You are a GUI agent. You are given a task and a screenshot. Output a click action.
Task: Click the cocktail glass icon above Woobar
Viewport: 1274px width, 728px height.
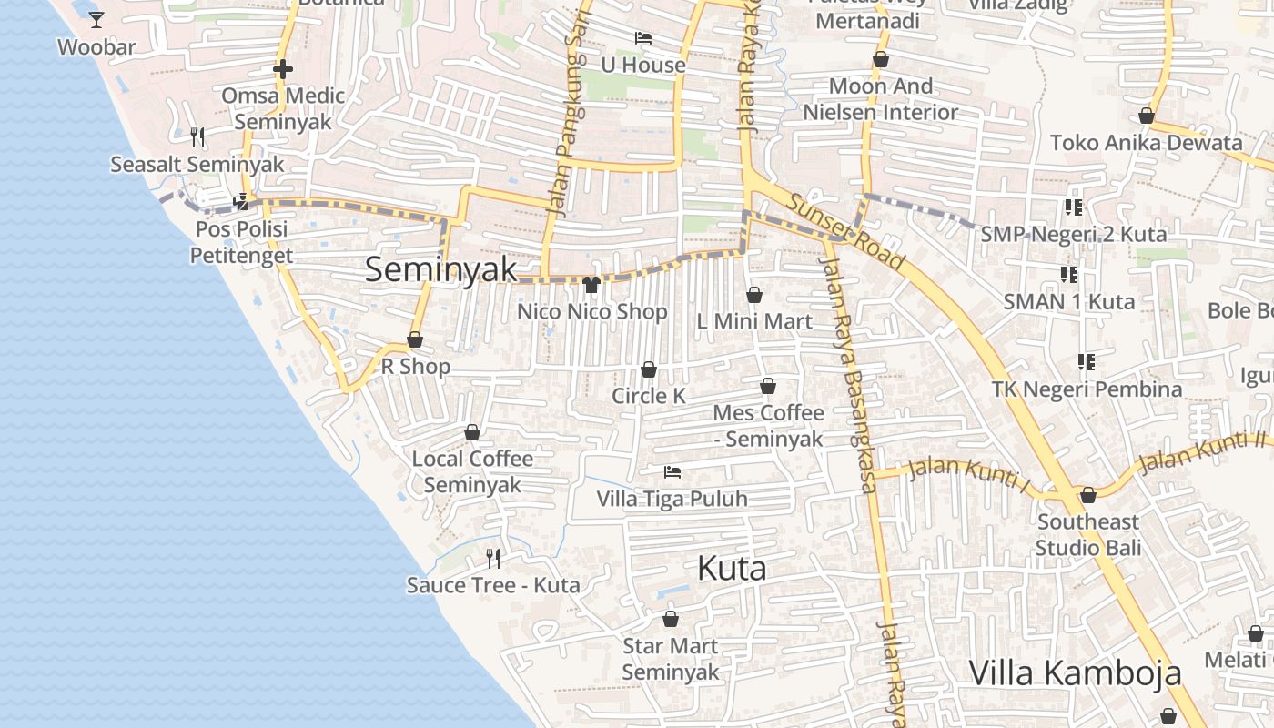click(96, 19)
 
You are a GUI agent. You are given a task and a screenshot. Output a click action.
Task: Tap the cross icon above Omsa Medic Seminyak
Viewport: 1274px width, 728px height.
click(283, 69)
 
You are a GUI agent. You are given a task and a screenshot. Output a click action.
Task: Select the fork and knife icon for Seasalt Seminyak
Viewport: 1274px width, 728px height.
click(197, 137)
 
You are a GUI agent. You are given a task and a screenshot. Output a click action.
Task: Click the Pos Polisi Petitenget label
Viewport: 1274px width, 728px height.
click(241, 242)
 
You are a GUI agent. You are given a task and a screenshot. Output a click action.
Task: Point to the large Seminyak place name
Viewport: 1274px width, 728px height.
click(441, 269)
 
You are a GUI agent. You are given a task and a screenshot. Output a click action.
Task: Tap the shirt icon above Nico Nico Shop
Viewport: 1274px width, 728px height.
click(591, 285)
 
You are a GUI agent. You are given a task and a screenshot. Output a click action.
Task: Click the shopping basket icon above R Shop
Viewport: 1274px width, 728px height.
click(415, 339)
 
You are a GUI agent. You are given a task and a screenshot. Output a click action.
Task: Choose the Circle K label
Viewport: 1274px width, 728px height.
click(648, 396)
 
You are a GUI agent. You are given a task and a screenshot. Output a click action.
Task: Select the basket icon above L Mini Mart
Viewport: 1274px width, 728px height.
click(753, 295)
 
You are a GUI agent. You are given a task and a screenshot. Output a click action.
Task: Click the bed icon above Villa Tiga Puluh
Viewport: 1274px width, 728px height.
click(672, 472)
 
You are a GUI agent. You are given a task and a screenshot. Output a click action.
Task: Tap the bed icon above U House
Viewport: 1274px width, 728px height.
click(643, 38)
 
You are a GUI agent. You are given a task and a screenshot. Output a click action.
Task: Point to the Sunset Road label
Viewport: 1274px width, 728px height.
click(846, 232)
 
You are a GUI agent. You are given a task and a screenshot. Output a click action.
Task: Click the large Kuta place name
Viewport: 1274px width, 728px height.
click(732, 569)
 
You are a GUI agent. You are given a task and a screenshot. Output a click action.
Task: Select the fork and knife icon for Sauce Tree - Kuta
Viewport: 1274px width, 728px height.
click(493, 558)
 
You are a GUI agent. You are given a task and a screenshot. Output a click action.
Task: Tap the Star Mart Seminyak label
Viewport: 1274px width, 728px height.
click(671, 660)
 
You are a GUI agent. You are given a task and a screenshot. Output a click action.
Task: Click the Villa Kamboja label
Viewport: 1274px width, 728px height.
click(1075, 673)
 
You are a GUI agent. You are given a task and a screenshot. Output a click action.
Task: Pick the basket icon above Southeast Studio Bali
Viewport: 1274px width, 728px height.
click(1088, 495)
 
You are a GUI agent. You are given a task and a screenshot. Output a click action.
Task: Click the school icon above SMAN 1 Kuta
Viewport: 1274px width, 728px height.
click(1069, 274)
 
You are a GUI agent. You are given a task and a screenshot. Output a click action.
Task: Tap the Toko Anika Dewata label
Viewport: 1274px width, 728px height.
click(1146, 143)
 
